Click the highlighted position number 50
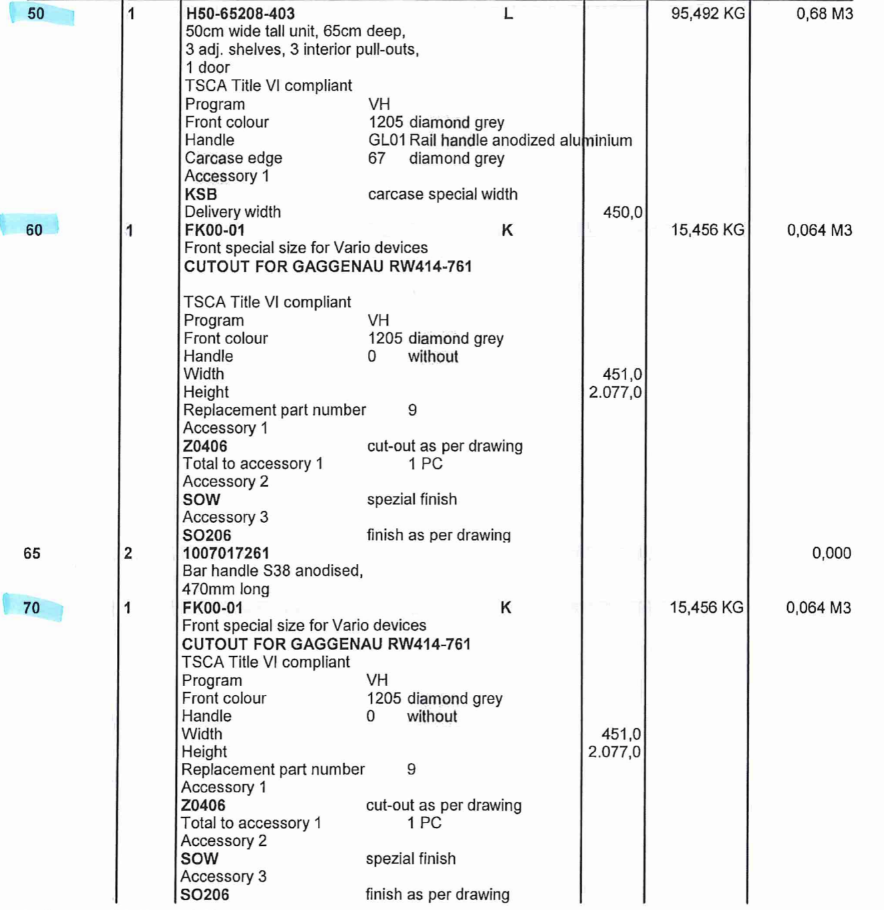36,13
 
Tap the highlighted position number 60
34,230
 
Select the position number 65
32,553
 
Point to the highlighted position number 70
31,608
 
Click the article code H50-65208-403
240,13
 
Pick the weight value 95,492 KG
707,13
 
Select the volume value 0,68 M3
824,13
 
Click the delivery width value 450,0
622,212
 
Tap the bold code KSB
201,194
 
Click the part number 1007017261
226,553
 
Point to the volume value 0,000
831,553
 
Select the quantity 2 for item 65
128,553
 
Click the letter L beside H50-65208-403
508,13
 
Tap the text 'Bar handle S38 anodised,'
272,571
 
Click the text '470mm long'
226,589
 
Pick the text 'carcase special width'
443,194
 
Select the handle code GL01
387,140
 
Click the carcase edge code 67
377,158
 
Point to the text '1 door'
208,67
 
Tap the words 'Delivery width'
232,212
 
